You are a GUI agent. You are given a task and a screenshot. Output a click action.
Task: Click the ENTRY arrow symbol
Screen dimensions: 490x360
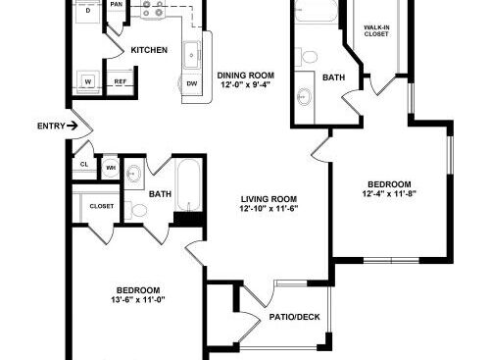coord(73,126)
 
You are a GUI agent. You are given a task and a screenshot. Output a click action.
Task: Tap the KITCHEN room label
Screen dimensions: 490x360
coord(149,50)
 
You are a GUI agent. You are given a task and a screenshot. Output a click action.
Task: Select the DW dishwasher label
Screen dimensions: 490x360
coord(192,83)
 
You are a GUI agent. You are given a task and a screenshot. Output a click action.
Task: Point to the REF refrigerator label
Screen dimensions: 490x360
coord(121,81)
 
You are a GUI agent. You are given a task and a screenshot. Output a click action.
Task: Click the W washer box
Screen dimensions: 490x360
coord(88,81)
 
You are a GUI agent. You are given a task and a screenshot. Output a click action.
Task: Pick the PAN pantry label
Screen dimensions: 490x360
coord(117,4)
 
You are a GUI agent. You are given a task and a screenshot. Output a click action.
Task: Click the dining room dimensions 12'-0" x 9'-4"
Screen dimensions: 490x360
coord(247,85)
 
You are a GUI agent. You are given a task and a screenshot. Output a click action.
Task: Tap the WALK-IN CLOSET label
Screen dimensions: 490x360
coord(376,30)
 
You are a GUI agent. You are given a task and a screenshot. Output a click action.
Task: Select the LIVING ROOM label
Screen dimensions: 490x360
coord(269,199)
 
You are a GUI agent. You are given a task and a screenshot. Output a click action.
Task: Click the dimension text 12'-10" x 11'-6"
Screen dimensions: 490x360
coord(269,208)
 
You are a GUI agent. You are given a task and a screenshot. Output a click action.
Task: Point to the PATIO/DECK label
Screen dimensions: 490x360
coord(295,317)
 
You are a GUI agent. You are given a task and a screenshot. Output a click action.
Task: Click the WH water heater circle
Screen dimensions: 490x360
coord(111,168)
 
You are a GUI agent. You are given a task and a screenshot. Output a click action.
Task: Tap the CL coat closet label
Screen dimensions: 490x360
coord(84,164)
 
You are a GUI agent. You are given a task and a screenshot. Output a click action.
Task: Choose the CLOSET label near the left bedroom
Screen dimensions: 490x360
coord(102,206)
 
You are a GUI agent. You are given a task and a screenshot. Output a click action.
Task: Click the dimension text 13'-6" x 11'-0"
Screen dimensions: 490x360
coord(138,299)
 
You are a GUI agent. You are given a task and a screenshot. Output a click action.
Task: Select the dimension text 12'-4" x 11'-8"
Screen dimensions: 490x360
coord(389,193)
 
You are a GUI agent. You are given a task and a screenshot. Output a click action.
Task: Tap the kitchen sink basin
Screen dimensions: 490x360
coord(191,55)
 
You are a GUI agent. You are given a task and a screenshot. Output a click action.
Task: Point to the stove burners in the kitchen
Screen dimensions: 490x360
coord(152,8)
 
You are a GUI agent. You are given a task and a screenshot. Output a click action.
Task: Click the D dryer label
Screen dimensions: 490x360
coord(88,11)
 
